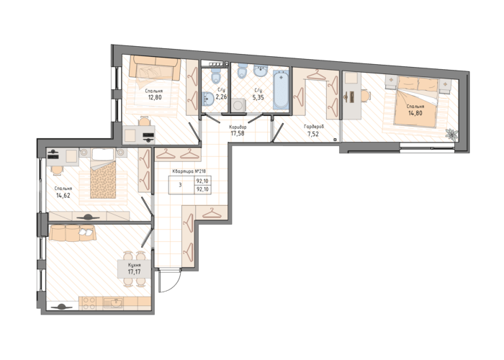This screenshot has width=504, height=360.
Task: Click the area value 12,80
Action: (155, 97)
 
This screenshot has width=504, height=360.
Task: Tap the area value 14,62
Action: (63, 195)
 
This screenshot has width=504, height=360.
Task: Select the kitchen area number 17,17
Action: (135, 272)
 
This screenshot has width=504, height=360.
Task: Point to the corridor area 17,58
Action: (237, 133)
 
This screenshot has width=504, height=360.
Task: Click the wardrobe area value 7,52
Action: (313, 134)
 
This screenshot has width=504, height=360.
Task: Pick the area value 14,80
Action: (415, 113)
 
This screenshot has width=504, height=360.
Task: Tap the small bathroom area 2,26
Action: (221, 97)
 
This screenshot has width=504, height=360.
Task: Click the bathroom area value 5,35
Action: (258, 97)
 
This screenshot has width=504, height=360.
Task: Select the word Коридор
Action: (238, 127)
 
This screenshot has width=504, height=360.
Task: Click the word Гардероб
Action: (314, 127)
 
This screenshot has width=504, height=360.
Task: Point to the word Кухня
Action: (135, 265)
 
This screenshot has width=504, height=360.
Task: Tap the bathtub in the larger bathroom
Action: (281, 90)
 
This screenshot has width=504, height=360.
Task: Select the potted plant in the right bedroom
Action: (451, 135)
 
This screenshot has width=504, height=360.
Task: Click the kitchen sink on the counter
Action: (114, 303)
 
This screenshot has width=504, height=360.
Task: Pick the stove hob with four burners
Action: (89, 303)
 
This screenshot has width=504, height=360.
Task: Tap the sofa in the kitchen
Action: (72, 233)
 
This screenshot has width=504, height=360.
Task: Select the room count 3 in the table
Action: (180, 185)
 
